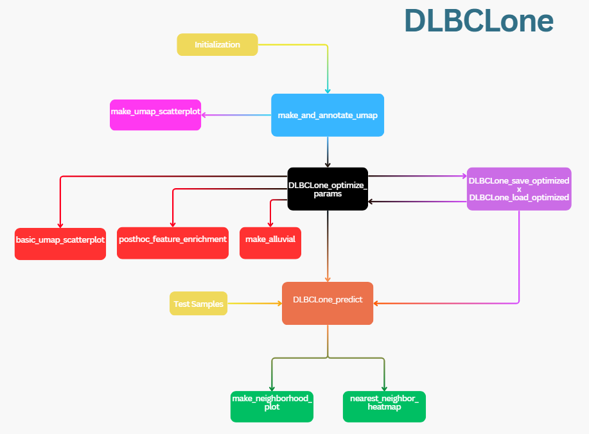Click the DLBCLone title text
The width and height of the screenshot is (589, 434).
point(479,21)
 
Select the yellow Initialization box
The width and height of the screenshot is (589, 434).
point(217,44)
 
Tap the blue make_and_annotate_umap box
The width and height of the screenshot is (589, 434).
point(328,115)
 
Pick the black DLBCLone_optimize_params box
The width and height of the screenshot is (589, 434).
point(328,188)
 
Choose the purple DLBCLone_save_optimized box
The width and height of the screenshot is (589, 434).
point(519,189)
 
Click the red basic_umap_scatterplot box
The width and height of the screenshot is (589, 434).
point(60,243)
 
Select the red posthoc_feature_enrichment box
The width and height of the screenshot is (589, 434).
point(173,243)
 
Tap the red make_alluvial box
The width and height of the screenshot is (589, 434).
point(270,243)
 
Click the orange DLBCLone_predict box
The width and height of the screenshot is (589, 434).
point(328,303)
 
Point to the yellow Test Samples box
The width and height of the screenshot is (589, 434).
point(198,304)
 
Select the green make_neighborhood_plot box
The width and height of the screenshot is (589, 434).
point(272,406)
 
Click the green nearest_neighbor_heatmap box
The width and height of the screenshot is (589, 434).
point(384,406)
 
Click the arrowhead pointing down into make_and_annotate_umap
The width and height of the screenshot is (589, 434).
point(328,91)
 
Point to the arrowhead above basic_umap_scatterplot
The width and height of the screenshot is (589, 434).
point(60,224)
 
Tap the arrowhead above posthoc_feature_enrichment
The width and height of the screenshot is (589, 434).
point(173,224)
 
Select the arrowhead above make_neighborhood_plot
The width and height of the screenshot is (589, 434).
point(272,387)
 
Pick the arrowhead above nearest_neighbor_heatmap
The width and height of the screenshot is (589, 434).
point(384,387)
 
